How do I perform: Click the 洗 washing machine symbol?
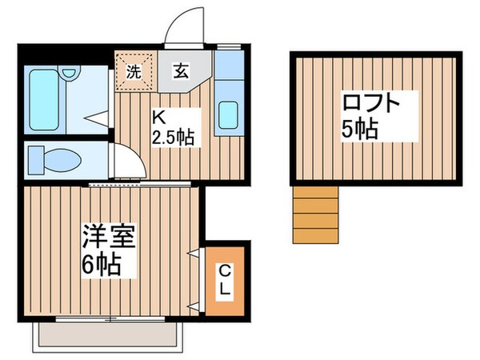click(134, 70)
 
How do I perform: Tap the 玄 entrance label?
click(180, 70)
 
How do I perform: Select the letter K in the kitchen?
click(158, 115)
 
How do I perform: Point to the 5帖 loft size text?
click(359, 130)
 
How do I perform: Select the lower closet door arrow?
click(194, 305)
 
